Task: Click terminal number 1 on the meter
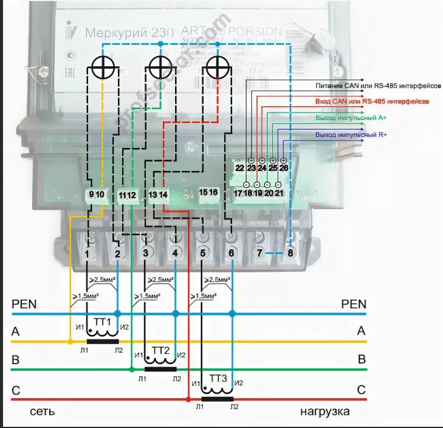pos(89,252)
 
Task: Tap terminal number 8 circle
pos(290,252)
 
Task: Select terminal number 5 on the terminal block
pos(203,252)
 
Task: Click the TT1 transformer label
pos(101,321)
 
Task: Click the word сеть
pos(43,412)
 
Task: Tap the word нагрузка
pos(325,412)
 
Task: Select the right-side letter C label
pos(361,390)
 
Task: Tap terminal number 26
pos(284,168)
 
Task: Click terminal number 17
pos(239,193)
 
